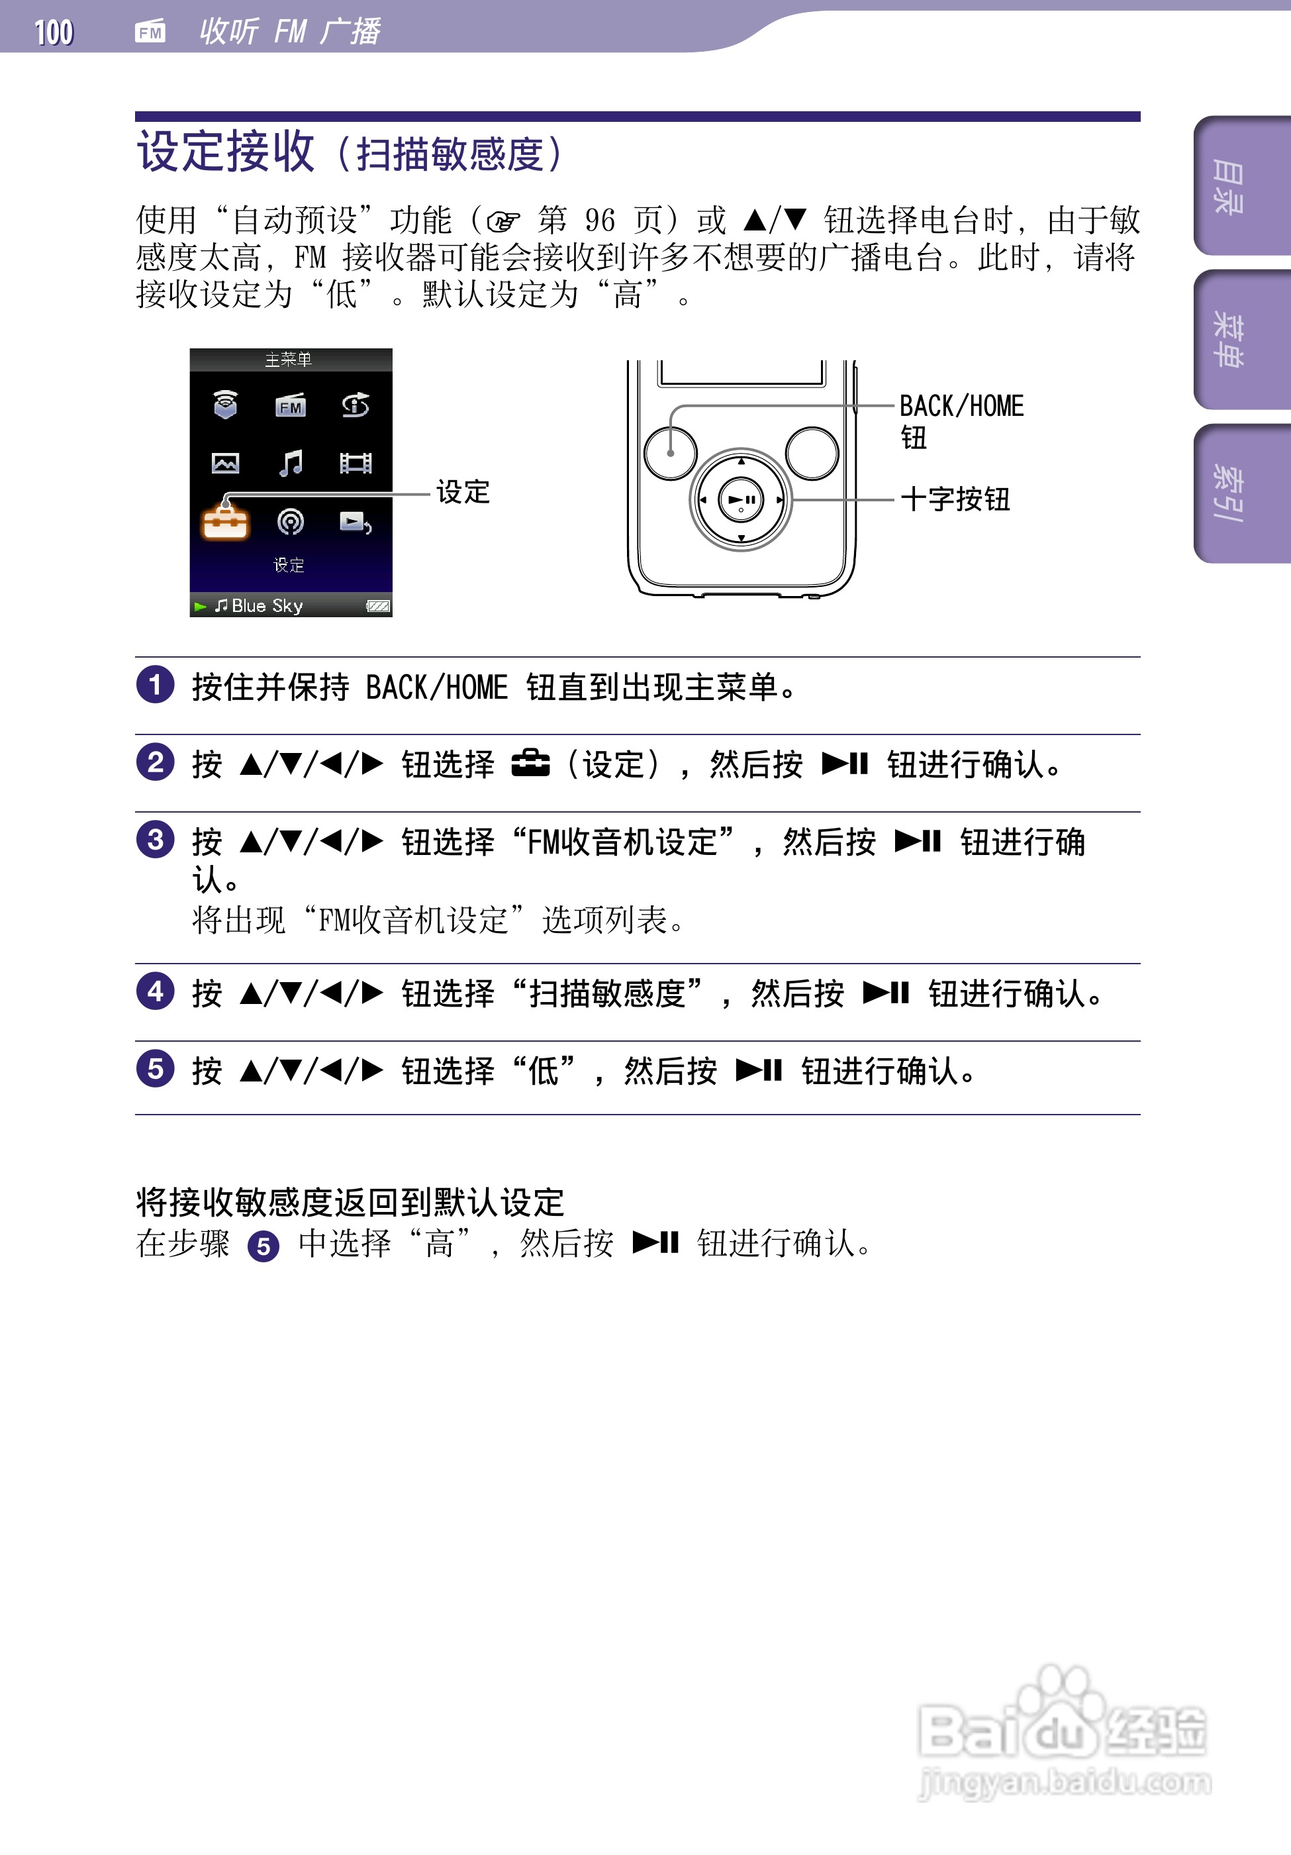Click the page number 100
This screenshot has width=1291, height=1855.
point(54,32)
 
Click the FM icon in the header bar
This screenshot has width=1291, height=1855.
point(150,32)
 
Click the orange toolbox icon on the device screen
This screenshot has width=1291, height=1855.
point(225,523)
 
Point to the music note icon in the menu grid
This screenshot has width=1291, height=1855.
point(290,463)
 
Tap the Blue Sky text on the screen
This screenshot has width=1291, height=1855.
point(267,606)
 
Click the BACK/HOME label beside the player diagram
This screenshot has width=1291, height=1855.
point(961,405)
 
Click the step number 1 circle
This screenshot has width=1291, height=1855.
point(155,685)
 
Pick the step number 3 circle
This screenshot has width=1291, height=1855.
point(155,840)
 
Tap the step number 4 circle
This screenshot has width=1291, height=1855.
point(155,991)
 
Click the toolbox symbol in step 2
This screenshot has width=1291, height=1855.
point(530,764)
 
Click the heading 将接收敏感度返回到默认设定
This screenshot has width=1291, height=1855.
point(350,1202)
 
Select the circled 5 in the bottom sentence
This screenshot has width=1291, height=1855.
point(263,1246)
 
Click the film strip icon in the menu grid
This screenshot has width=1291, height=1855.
point(356,463)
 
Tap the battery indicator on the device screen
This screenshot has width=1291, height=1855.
point(377,606)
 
